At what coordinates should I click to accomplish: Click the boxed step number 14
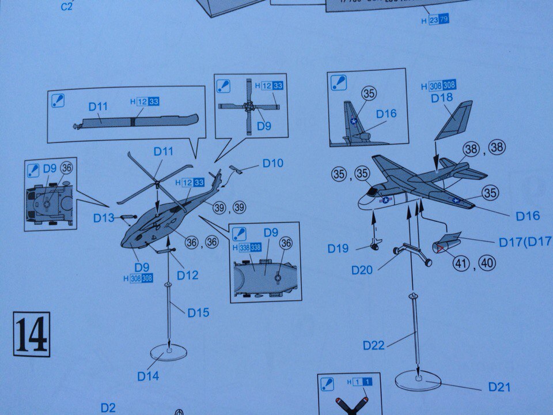click(32, 334)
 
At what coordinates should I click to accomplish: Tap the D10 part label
click(272, 163)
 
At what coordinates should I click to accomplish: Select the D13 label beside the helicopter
click(104, 218)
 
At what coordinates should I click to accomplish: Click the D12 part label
click(188, 275)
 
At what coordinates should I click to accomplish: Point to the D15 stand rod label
click(198, 312)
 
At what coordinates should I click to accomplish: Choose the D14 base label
click(148, 376)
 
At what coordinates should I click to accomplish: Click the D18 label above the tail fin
click(442, 98)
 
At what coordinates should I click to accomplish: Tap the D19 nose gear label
click(339, 248)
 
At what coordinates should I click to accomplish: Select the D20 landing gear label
click(363, 270)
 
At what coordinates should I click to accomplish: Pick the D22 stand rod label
click(374, 345)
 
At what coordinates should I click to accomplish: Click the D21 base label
click(499, 387)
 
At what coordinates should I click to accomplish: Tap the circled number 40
click(487, 263)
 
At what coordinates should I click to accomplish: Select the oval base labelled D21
click(418, 380)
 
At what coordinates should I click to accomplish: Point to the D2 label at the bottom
click(108, 408)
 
